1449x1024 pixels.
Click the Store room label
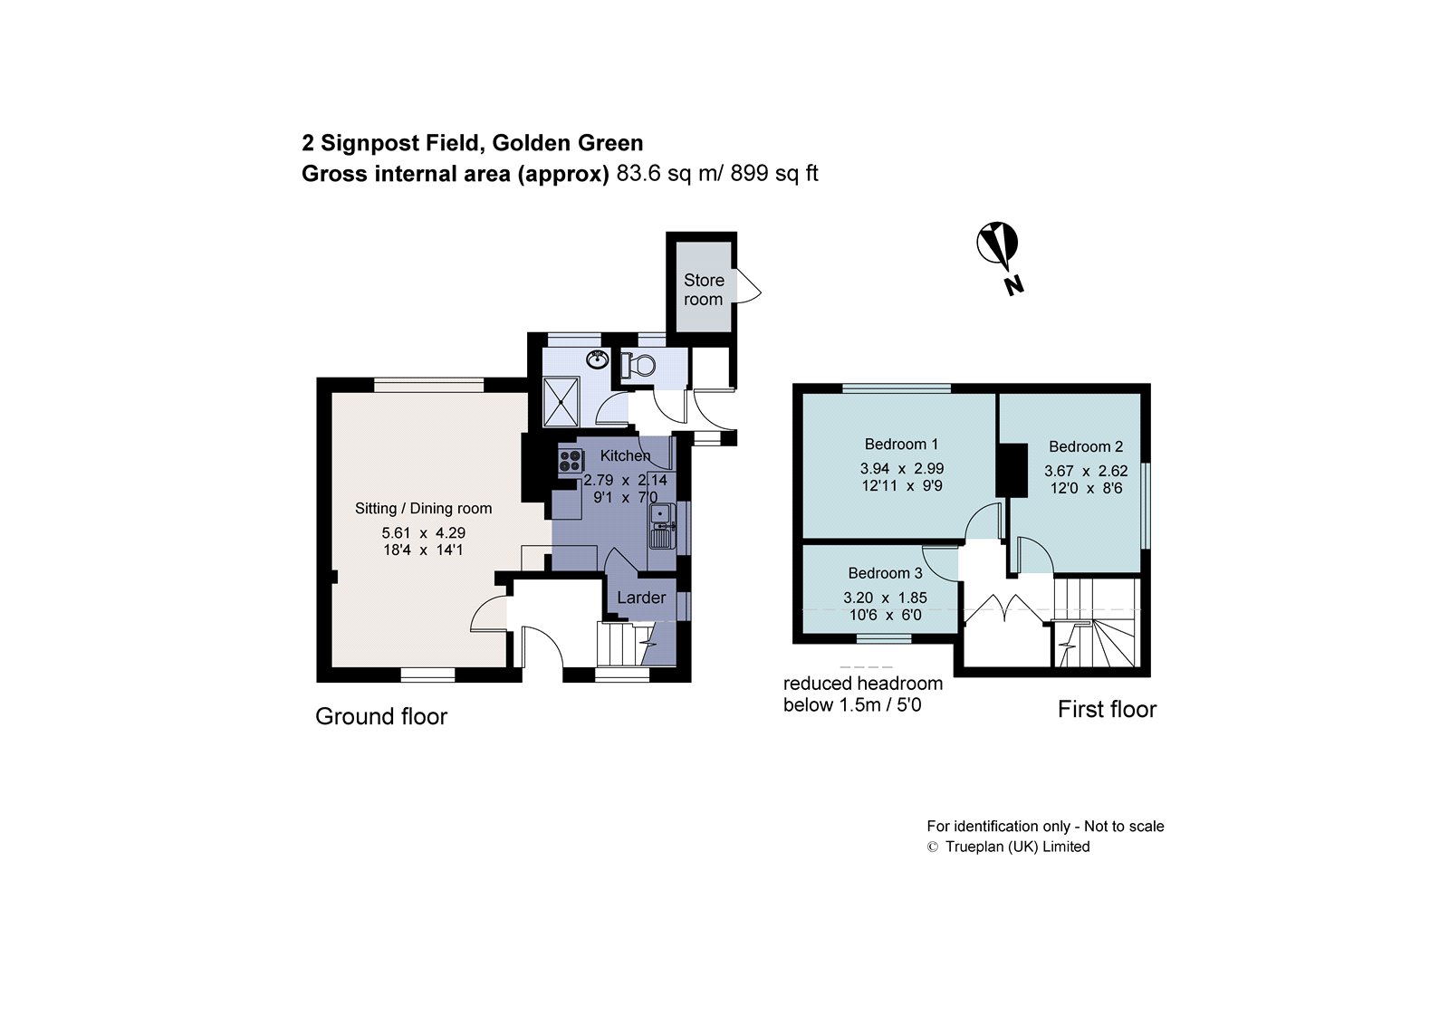pos(704,290)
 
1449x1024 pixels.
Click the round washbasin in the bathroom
pos(597,359)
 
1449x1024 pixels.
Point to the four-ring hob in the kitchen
pos(571,460)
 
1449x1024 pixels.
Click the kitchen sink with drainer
pos(661,525)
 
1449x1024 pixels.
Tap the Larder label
pos(641,598)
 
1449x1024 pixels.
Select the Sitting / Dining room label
pos(423,509)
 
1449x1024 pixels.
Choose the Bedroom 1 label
pos(901,444)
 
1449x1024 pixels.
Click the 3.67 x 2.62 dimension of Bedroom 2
pos(1086,471)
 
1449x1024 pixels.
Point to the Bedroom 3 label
pos(885,573)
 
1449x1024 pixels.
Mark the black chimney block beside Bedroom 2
pos(1012,469)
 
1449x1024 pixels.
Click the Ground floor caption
pos(381,716)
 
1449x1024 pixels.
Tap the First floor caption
pos(1107,709)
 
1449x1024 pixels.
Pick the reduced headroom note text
pos(862,694)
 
